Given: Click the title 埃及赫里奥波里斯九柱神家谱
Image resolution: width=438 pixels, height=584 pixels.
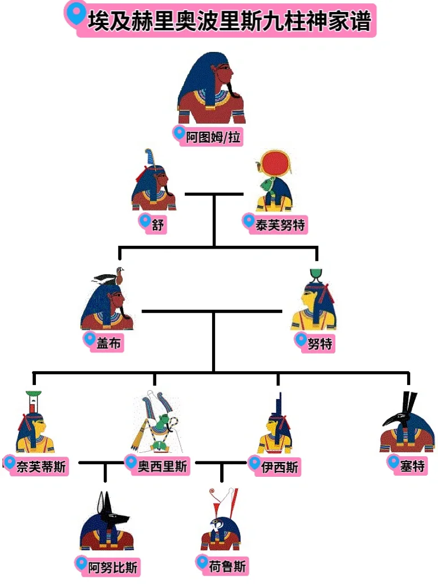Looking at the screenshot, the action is (229, 21).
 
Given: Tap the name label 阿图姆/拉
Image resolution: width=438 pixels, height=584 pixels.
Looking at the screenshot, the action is (213, 137).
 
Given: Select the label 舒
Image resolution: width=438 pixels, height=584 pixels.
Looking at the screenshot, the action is (157, 225).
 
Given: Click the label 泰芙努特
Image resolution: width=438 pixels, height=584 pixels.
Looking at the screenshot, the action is (280, 225).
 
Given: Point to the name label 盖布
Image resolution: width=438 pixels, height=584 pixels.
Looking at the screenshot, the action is (108, 343).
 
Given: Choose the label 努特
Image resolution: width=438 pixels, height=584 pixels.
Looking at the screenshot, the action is (319, 343).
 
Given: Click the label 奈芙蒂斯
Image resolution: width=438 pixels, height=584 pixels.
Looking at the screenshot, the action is (41, 467).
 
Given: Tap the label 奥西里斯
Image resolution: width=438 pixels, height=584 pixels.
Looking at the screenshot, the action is (163, 466).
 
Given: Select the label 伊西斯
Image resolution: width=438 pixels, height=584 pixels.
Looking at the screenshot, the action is (279, 467).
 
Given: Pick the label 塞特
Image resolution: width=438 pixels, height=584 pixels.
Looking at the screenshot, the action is (412, 466).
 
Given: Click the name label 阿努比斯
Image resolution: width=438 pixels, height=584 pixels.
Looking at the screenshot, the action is (112, 567).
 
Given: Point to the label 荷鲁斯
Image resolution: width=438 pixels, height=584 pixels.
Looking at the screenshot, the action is (227, 566).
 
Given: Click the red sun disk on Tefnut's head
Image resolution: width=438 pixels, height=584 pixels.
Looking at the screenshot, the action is (275, 164).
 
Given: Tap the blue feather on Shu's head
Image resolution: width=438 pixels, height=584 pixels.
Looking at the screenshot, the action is (149, 158).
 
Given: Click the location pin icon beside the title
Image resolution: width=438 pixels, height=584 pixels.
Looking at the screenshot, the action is (76, 13).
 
